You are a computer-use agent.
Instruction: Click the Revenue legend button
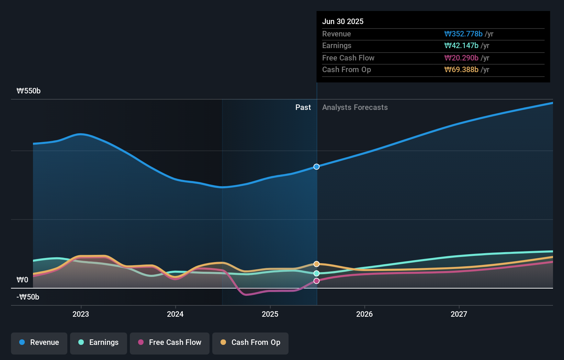coord(39,343)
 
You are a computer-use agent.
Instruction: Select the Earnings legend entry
coord(99,343)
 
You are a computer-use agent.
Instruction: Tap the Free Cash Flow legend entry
coord(170,343)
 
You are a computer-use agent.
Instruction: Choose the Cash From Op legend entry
coord(250,343)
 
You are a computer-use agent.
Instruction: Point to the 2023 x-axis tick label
coord(81,314)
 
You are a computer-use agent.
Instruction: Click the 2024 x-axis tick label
coord(175,314)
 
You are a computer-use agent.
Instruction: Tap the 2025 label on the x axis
coord(270,314)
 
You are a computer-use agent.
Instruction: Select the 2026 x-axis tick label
coord(364,314)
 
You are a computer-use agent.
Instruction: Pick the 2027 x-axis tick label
coord(459,314)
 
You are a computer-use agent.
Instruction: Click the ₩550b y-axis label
coord(29,91)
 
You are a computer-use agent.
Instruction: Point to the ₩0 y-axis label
coord(22,280)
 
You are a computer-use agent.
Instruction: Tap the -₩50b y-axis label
coord(28,297)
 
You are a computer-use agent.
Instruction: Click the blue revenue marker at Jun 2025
coord(317,167)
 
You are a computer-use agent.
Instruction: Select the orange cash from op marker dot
coord(317,264)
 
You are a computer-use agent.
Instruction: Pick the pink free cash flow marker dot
coord(317,281)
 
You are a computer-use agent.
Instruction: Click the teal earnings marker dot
coord(317,273)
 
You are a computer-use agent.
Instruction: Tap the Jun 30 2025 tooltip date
coord(343,22)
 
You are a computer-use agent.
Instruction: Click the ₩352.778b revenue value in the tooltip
coord(463,34)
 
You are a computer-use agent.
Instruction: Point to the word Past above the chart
coord(303,108)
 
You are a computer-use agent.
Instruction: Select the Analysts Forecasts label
coord(355,108)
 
